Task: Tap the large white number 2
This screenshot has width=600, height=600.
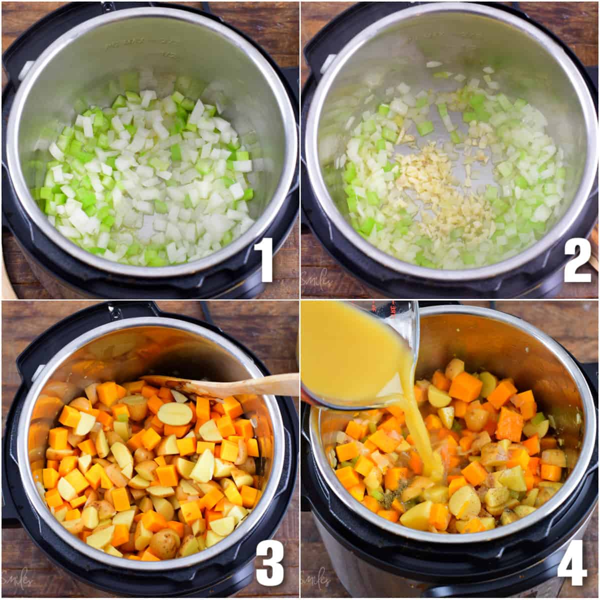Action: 577,260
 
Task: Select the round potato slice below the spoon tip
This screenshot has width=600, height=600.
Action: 175,413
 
